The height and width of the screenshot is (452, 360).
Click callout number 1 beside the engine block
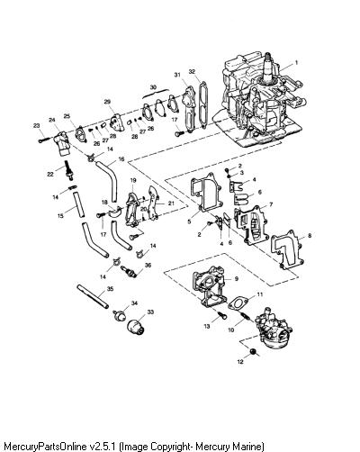click(x=296, y=63)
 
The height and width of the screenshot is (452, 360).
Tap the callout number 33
click(x=150, y=312)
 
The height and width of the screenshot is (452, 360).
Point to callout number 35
click(x=110, y=289)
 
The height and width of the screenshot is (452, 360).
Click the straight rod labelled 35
click(x=93, y=296)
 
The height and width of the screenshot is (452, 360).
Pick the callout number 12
click(x=240, y=362)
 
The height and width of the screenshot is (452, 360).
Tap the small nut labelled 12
click(x=254, y=351)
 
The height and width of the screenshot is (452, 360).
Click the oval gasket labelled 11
click(x=238, y=303)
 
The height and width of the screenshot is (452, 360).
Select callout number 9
click(x=237, y=279)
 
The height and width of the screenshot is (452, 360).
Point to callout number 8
click(x=310, y=235)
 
